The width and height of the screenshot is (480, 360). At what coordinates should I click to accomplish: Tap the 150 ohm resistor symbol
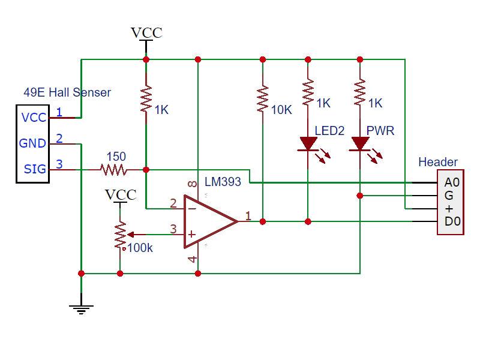[x=114, y=170]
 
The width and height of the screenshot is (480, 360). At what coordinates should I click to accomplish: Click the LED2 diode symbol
[x=308, y=144]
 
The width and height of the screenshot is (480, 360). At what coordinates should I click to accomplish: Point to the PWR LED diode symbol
[x=360, y=144]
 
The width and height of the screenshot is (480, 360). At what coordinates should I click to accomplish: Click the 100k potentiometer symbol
[x=121, y=235]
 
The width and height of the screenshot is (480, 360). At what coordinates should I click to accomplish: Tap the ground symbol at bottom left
[x=81, y=309]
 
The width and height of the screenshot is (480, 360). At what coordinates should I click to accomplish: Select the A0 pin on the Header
[x=452, y=182]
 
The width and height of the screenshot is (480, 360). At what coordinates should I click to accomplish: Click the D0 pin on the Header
[x=452, y=222]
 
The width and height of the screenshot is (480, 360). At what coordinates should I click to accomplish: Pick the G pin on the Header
[x=449, y=196]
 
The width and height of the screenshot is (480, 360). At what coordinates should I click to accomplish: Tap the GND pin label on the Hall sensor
[x=33, y=143]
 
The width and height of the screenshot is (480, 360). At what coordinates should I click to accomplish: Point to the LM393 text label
[x=223, y=182]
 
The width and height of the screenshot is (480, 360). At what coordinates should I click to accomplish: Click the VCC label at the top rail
[x=146, y=32]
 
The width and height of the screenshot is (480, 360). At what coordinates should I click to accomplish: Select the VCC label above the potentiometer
[x=121, y=194]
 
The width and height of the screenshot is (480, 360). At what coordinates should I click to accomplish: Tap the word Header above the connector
[x=438, y=162]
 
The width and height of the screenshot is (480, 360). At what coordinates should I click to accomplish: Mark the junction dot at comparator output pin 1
[x=262, y=221]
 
